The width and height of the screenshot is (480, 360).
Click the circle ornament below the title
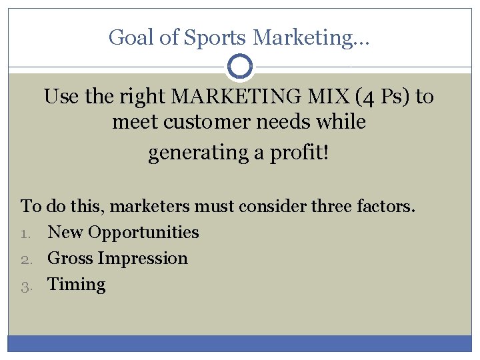pos(239,67)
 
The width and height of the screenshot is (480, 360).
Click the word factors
pos(385,206)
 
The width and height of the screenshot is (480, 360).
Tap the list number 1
pos(25,233)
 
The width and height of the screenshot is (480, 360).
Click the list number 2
pos(25,259)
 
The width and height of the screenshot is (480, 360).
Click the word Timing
pos(77,285)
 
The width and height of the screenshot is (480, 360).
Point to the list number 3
pos(25,285)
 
